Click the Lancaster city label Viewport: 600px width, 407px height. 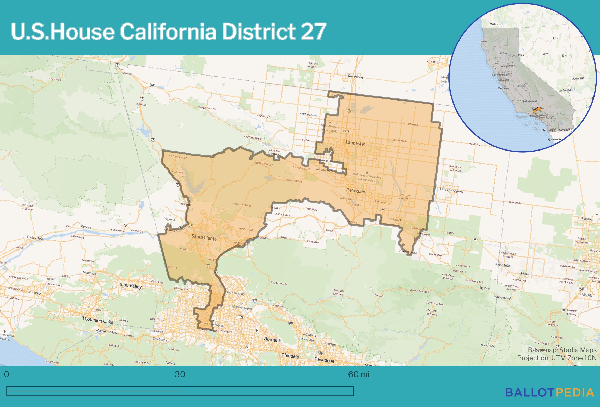[355, 143]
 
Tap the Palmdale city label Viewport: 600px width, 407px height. [356, 191]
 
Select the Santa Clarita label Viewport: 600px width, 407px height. [204, 237]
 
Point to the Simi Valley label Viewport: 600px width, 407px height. [130, 286]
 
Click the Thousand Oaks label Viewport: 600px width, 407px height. [97, 320]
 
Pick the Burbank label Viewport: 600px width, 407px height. [272, 340]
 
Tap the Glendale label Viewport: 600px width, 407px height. [290, 356]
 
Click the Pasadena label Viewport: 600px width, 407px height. [324, 360]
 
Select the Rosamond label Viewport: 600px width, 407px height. [355, 77]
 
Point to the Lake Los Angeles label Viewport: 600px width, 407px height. [451, 190]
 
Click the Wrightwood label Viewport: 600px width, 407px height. [502, 297]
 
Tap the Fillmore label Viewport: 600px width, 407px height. [85, 227]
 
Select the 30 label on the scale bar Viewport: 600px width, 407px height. [180, 374]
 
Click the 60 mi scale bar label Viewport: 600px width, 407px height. [359, 374]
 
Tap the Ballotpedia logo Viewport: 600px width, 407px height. [550, 392]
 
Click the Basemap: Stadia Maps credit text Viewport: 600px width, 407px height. [562, 350]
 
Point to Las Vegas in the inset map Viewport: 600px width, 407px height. [564, 90]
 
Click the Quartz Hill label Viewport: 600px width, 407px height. [326, 161]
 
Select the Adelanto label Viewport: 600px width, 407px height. [587, 219]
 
